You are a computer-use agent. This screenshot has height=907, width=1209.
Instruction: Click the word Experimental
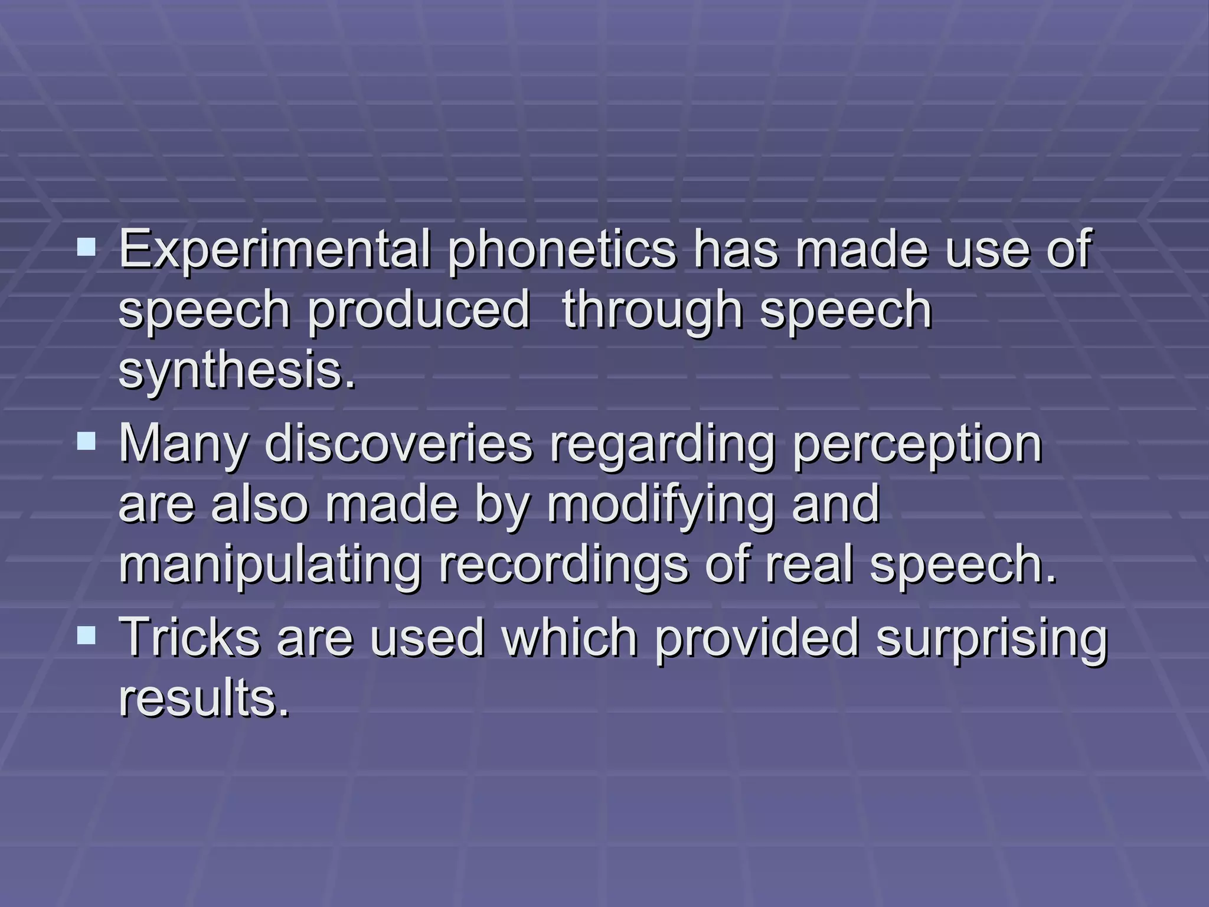click(275, 249)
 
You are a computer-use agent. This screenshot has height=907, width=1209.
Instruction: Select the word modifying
click(660, 505)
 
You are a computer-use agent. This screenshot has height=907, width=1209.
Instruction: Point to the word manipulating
click(270, 566)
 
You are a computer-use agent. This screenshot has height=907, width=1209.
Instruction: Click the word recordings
click(563, 566)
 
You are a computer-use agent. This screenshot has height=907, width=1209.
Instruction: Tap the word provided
click(757, 638)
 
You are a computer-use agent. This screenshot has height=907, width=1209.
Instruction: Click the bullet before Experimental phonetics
click(86, 247)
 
